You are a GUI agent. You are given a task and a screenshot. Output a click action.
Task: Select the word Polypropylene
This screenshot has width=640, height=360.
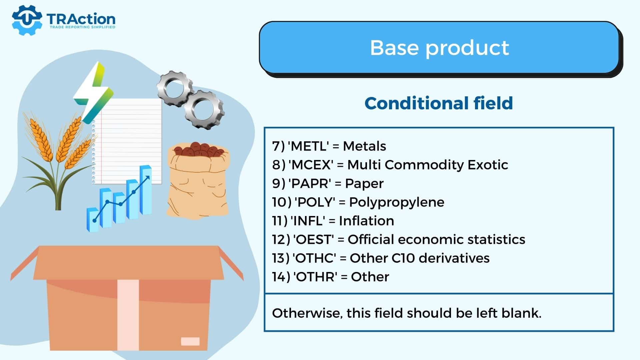pos(397,202)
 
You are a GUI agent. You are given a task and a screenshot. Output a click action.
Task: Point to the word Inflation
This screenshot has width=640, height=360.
pos(366,221)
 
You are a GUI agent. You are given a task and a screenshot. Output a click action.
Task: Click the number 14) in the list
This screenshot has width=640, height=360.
pos(281,277)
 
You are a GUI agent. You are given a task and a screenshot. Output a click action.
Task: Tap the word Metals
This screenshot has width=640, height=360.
pos(364,146)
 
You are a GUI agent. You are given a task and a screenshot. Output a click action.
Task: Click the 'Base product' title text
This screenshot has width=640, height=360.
pos(439,47)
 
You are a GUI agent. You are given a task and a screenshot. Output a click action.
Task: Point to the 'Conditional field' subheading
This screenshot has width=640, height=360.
pos(439,103)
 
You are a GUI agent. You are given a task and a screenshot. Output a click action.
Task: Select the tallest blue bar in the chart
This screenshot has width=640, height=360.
pos(146,190)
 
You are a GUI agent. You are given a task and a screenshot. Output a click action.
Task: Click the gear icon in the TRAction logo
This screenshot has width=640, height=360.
pos(27,20)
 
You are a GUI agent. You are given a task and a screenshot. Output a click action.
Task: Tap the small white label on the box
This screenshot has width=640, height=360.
pos(190,341)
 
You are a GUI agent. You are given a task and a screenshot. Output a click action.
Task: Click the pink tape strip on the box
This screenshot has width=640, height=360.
pos(128,315)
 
